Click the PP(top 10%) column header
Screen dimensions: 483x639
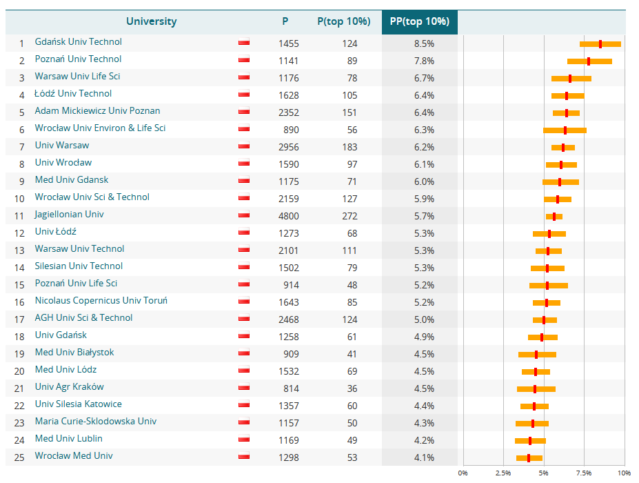coord(419,21)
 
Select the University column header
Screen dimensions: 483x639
coord(151,21)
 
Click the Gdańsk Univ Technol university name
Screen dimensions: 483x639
coord(78,42)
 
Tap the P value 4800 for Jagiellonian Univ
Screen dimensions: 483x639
coord(289,215)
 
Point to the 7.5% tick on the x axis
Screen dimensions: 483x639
coord(584,473)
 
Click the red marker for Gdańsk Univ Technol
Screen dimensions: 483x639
coord(600,44)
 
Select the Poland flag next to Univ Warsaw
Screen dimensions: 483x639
coord(243,146)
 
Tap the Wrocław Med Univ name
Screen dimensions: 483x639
coord(74,456)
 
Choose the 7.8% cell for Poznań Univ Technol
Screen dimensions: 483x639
coord(424,61)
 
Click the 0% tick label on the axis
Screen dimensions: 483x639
coord(463,473)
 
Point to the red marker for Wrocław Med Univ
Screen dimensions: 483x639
coord(529,458)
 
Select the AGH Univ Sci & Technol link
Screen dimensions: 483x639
coord(83,318)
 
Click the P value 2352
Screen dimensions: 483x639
coord(289,112)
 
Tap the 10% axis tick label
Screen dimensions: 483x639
coord(624,473)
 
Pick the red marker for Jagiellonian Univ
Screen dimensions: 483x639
coord(554,217)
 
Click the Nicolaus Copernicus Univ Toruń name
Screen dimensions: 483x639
coord(101,301)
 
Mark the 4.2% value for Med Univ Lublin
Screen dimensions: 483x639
coord(424,440)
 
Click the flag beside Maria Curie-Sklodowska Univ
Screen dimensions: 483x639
coord(243,422)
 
